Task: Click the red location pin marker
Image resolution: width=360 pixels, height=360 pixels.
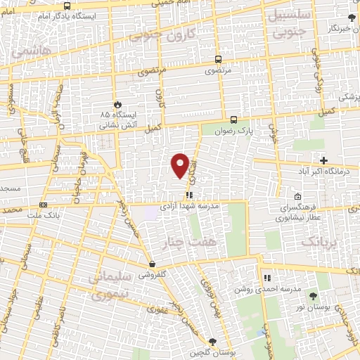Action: point(180,165)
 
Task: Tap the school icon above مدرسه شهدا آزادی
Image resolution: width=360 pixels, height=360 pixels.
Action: point(188,195)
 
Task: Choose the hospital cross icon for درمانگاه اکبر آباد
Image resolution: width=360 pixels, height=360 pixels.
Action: point(323,160)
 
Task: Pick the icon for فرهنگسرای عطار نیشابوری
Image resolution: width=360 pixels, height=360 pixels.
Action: point(298,196)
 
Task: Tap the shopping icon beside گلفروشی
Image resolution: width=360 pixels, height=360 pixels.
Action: point(152,264)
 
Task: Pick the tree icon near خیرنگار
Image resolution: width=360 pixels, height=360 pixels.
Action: point(352,17)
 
